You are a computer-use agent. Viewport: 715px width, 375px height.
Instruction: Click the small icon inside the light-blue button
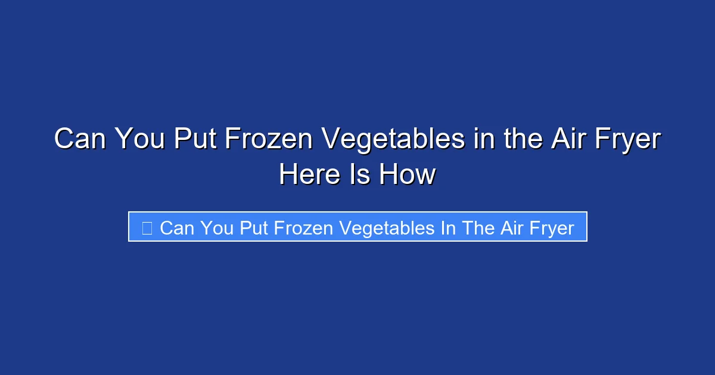[147, 227]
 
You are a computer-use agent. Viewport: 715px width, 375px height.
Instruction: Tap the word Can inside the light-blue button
[178, 227]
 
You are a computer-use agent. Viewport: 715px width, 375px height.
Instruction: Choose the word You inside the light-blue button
[217, 227]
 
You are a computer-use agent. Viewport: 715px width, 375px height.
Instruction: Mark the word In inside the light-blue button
[448, 227]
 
